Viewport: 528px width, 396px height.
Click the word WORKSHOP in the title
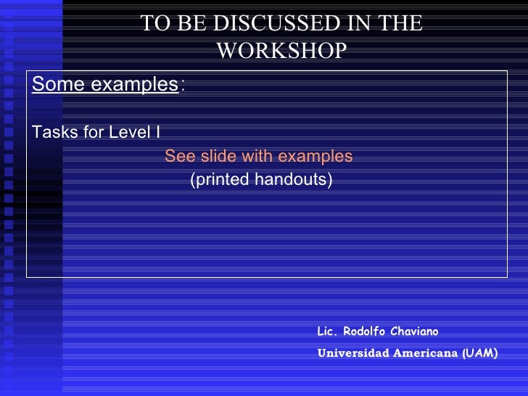[x=281, y=50]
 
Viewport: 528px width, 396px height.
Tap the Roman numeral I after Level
[x=158, y=133]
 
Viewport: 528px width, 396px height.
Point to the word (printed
[x=217, y=179]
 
